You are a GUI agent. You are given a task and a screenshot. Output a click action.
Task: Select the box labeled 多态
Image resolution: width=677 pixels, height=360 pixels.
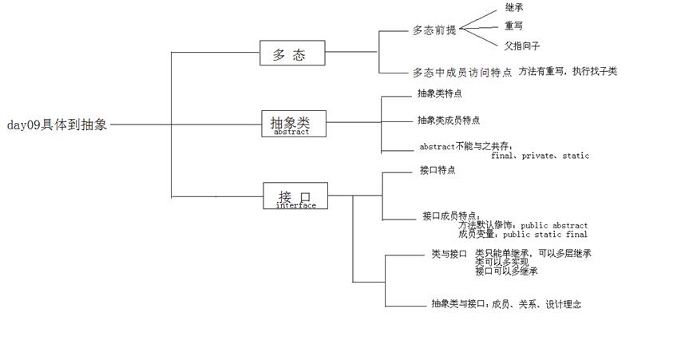tap(293, 53)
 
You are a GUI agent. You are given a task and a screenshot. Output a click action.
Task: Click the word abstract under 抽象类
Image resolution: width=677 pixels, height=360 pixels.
tap(291, 133)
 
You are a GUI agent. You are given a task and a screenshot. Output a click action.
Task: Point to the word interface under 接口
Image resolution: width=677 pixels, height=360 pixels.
tap(295, 205)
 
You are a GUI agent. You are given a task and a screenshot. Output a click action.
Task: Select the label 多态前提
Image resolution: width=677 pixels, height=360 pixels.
tap(434, 30)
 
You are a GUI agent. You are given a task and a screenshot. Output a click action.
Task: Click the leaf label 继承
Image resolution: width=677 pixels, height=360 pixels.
tap(514, 7)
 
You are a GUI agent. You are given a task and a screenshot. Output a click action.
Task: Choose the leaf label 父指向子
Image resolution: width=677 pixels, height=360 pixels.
tap(523, 45)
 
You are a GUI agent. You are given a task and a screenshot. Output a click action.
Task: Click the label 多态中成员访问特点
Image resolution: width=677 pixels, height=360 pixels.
tap(462, 72)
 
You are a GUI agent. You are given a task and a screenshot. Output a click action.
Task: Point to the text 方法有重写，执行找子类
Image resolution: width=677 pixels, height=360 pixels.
tap(567, 71)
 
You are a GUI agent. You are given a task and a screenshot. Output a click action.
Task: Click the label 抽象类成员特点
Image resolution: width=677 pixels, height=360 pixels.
tap(448, 121)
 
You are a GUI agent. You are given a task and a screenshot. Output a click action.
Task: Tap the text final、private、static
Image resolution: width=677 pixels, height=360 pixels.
tap(540, 156)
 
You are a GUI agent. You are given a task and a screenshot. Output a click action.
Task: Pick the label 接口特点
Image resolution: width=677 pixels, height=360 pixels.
tap(437, 171)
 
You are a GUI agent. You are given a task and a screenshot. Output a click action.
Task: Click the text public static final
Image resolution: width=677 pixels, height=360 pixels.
tap(545, 235)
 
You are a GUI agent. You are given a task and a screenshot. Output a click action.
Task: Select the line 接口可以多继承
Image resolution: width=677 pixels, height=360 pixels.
tap(506, 271)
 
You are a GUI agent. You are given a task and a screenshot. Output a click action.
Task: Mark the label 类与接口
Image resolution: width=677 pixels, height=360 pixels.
tap(449, 254)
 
